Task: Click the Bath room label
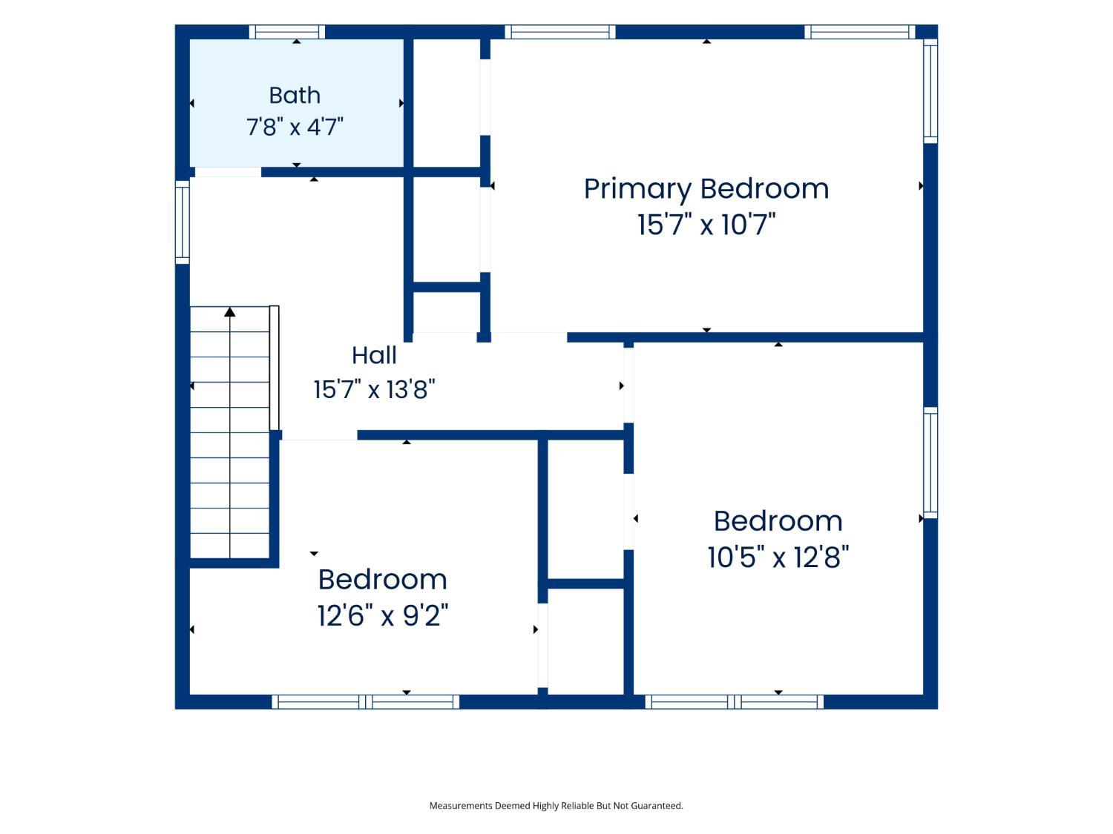point(294,95)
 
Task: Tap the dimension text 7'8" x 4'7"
point(295,127)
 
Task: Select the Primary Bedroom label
point(706,190)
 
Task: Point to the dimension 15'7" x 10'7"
point(706,225)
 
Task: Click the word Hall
point(374,356)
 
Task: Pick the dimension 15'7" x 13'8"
point(374,390)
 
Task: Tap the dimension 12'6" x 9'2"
point(383,616)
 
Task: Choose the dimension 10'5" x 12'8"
point(778,557)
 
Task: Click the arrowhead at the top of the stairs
point(230,312)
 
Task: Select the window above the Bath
point(286,32)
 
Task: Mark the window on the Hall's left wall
point(183,222)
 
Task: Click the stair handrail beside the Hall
point(274,368)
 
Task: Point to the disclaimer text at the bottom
point(556,805)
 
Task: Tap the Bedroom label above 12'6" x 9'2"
point(383,580)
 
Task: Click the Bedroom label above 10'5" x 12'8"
point(778,522)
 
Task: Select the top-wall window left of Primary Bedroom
point(559,32)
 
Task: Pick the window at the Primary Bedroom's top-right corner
point(860,32)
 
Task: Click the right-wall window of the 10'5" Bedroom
point(930,463)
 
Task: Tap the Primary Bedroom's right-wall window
point(930,91)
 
